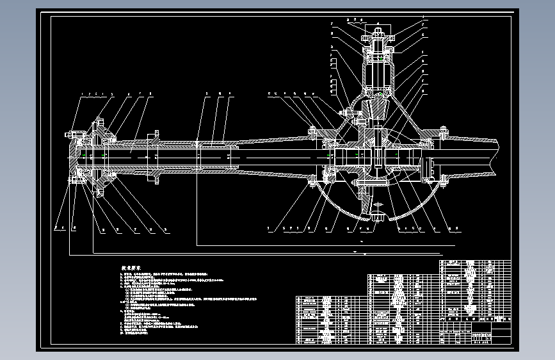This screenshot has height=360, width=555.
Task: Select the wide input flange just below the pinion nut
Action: tap(378, 49)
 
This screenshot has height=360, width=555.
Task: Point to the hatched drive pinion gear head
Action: tap(377, 106)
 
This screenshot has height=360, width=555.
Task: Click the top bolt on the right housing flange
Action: tap(442, 132)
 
